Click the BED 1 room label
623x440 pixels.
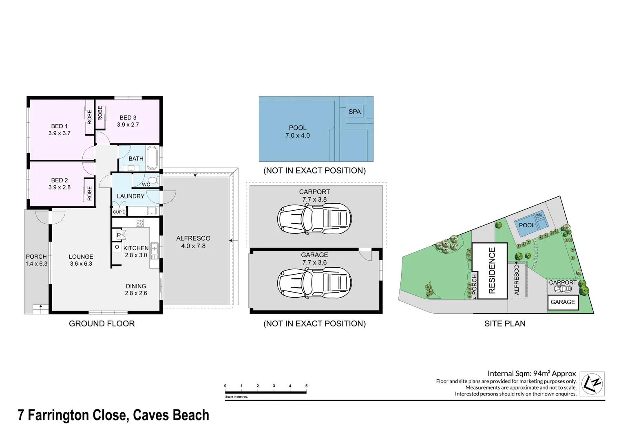(60, 126)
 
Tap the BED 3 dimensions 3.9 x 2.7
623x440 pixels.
(128, 125)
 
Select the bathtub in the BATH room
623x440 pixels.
(152, 158)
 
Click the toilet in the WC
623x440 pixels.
(153, 180)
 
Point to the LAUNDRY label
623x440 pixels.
(130, 196)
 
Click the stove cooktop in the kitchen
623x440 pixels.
(140, 222)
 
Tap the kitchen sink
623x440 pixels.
(154, 251)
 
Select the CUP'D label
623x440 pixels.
(119, 212)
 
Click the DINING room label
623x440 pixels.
(136, 286)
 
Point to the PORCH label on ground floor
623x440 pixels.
(36, 257)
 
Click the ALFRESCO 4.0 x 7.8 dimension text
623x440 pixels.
(193, 246)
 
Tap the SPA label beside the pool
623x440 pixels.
(354, 112)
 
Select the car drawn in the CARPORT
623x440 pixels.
(314, 219)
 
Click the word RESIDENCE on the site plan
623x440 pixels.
(492, 271)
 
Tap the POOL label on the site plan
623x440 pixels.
(526, 225)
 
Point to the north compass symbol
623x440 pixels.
(592, 383)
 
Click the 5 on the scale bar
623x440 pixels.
(306, 386)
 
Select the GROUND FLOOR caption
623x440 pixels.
(102, 323)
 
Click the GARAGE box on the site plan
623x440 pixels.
(563, 302)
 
